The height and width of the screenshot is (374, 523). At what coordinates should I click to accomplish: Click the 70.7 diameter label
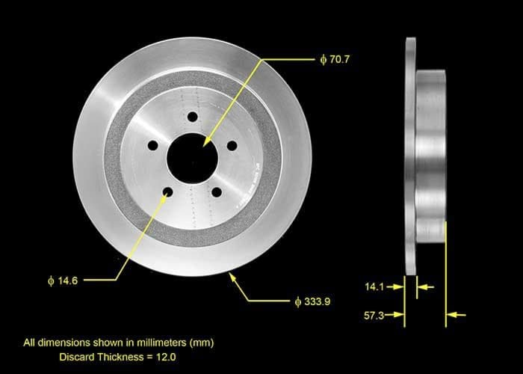click(x=335, y=59)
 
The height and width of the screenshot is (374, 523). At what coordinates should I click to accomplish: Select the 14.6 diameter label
click(x=63, y=280)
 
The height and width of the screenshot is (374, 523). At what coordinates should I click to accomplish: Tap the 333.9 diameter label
click(x=312, y=301)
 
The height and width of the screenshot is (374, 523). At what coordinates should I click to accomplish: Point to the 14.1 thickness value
click(x=374, y=286)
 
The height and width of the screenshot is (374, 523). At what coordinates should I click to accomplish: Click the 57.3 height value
click(x=374, y=315)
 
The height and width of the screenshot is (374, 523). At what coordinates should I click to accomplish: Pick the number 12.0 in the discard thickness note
click(x=166, y=357)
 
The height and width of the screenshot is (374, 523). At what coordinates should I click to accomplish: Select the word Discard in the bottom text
click(x=78, y=357)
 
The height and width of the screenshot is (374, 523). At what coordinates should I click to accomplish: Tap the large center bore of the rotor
click(x=192, y=158)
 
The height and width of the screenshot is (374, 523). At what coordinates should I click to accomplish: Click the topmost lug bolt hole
click(x=193, y=117)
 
